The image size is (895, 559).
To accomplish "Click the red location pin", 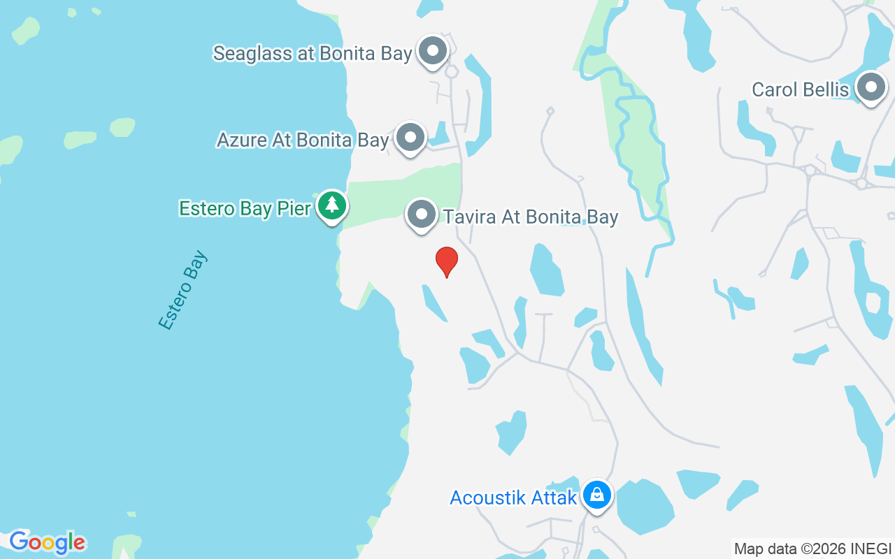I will pyautogui.click(x=447, y=261).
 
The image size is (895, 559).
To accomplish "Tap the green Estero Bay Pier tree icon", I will pyautogui.click(x=332, y=205).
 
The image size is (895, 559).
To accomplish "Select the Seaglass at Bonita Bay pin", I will pyautogui.click(x=433, y=51).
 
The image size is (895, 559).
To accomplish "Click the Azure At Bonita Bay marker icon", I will pyautogui.click(x=410, y=138).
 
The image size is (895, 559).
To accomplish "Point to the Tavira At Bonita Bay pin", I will pyautogui.click(x=422, y=215).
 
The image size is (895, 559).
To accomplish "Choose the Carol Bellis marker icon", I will pyautogui.click(x=871, y=87).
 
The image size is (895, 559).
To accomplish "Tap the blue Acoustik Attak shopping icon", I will pyautogui.click(x=596, y=495).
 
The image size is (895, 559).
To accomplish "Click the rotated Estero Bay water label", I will pyautogui.click(x=183, y=290).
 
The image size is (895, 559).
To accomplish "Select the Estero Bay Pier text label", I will pyautogui.click(x=245, y=208).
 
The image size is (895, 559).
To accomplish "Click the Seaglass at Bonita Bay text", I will pyautogui.click(x=312, y=54).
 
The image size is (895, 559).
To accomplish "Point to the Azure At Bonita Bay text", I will pyautogui.click(x=302, y=140).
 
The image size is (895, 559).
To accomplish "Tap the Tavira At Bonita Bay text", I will pyautogui.click(x=531, y=217).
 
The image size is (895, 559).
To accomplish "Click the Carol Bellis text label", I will pyautogui.click(x=800, y=89).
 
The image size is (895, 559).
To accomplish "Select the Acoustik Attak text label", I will pyautogui.click(x=513, y=498).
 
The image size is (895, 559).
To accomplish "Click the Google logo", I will pyautogui.click(x=47, y=542).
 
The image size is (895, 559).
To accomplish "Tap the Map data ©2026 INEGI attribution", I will pyautogui.click(x=812, y=549).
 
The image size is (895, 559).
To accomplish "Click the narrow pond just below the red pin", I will pyautogui.click(x=434, y=303).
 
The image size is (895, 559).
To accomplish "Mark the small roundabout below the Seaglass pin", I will pyautogui.click(x=452, y=71).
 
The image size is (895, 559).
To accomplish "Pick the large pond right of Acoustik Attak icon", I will pyautogui.click(x=644, y=506).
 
